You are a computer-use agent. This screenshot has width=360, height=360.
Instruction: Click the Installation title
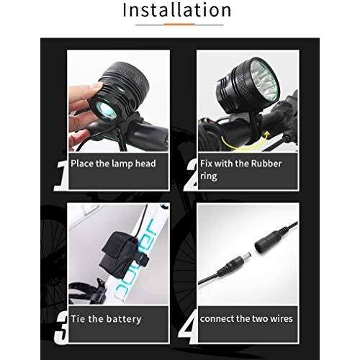[177, 10]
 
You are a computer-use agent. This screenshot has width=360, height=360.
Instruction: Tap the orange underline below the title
[179, 24]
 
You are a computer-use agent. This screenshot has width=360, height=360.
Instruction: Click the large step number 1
[60, 175]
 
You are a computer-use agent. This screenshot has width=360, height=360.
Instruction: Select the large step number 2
[191, 175]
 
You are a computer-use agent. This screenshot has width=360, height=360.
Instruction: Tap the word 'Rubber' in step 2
[266, 163]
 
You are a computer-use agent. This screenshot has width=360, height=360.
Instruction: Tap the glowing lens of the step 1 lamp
[106, 109]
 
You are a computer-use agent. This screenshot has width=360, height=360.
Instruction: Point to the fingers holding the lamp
[83, 110]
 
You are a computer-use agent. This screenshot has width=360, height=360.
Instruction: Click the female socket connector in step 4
[269, 239]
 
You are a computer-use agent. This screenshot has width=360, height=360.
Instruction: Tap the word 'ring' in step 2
[209, 176]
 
